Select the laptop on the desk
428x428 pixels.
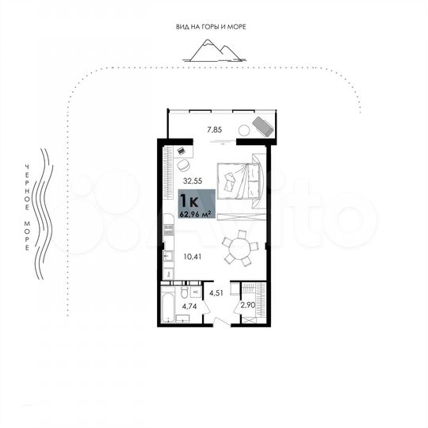click(x=181, y=150)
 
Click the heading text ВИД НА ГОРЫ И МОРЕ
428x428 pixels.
click(x=211, y=27)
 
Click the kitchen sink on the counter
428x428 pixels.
click(x=167, y=257)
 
